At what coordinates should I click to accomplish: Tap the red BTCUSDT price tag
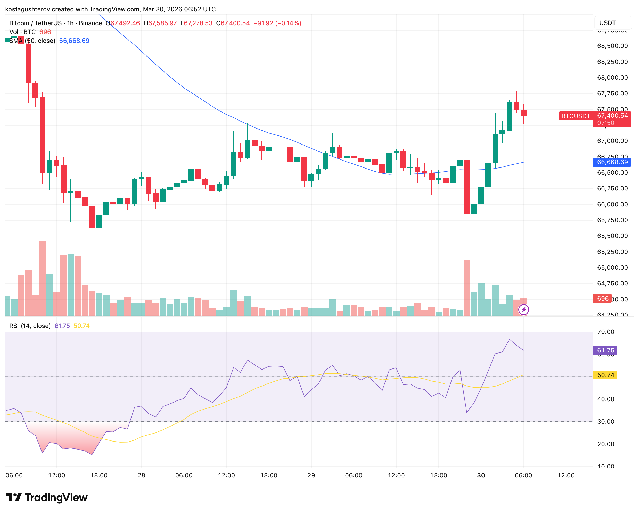coord(575,116)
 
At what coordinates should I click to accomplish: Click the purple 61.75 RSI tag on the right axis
coord(605,350)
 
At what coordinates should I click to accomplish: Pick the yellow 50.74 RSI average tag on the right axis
coord(605,375)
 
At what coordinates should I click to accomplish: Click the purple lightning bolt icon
coord(523,310)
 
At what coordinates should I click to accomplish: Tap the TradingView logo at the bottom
coord(47,497)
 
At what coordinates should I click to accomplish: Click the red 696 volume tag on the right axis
coord(602,298)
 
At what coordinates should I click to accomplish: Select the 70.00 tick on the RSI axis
coord(605,332)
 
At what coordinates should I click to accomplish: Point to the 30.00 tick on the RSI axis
coord(605,421)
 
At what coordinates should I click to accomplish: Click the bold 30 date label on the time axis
coord(481,475)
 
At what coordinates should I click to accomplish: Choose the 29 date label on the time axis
coord(311,475)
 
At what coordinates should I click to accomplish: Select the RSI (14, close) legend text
coord(30,326)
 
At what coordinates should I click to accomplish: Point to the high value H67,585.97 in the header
coord(160,23)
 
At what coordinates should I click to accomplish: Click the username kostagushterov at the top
coord(28,9)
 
